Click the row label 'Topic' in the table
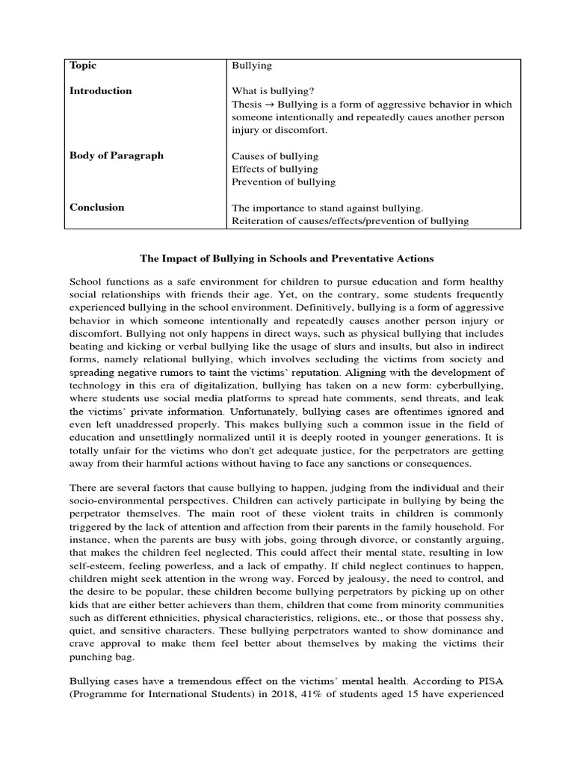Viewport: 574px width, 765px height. [83, 66]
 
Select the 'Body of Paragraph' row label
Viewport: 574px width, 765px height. [117, 156]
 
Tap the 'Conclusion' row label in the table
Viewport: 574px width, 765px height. [97, 208]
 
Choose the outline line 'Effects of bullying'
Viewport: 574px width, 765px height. [274, 169]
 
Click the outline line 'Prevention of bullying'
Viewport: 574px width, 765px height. [283, 182]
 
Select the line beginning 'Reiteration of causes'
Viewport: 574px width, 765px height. [350, 221]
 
